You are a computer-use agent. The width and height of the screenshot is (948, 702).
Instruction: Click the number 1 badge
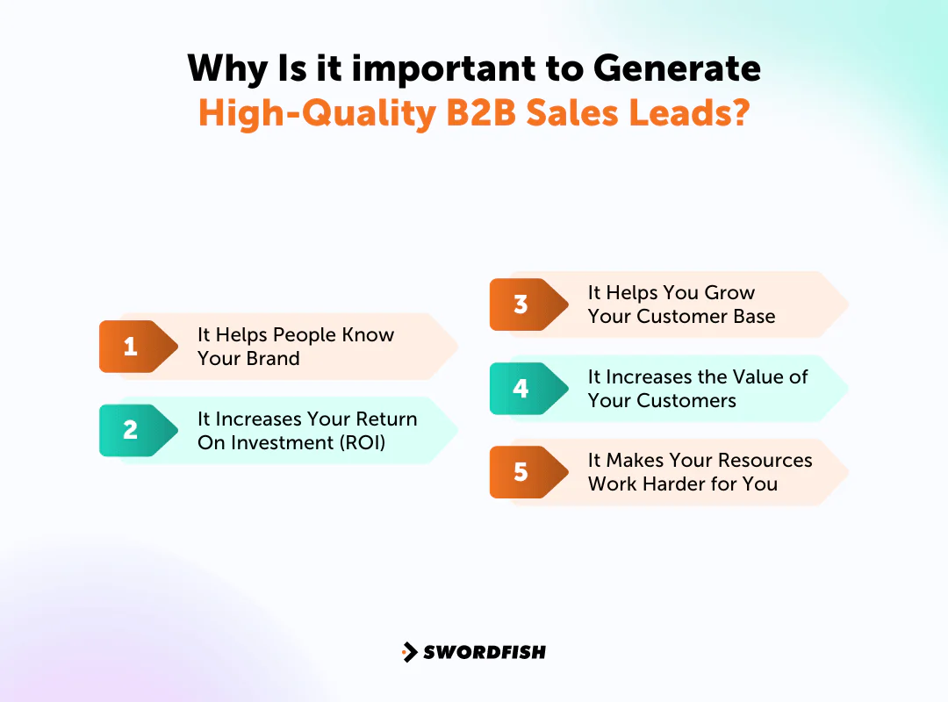pos(131,347)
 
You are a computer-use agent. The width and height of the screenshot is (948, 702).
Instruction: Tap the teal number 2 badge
pos(131,430)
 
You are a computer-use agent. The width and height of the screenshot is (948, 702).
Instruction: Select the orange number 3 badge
pos(521,304)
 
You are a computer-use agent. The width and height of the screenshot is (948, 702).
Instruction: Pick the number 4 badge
pos(521,388)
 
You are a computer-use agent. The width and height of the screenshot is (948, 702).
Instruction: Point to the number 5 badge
pos(521,472)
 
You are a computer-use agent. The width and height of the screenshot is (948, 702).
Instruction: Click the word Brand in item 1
pos(274,359)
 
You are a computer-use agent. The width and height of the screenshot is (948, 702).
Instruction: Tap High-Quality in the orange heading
pos(317,114)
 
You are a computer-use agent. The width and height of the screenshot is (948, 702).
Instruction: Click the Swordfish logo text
pos(485,652)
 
